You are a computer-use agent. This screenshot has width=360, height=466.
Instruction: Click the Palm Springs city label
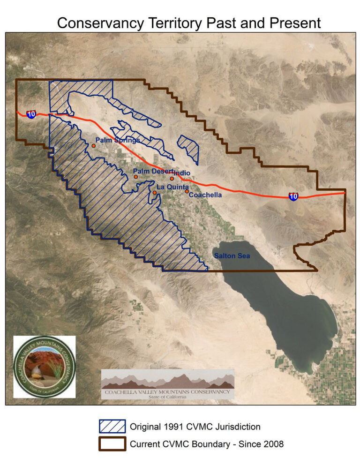117,140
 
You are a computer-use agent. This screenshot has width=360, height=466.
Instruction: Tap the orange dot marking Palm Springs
94,146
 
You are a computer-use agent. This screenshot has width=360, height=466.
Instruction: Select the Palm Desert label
153,172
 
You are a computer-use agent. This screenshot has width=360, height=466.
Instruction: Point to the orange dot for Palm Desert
136,177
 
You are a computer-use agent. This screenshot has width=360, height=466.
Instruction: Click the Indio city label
182,173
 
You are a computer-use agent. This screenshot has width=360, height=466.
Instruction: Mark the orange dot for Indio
172,179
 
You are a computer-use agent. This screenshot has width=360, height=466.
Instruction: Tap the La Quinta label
172,187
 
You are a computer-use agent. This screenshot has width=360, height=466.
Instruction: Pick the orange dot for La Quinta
155,193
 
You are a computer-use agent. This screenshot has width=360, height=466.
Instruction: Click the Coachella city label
205,195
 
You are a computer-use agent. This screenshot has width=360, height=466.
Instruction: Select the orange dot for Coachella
187,191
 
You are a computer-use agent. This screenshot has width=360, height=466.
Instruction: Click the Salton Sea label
232,256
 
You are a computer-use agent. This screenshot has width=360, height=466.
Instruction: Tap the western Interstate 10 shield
31,114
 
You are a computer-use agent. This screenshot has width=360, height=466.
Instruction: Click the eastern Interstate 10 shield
293,196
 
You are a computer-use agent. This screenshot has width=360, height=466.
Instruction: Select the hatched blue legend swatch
112,426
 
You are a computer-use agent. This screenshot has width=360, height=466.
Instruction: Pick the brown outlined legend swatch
112,443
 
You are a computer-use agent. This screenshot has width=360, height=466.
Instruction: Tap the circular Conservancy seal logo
45,366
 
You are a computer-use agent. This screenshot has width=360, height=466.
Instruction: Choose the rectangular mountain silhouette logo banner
168,384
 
